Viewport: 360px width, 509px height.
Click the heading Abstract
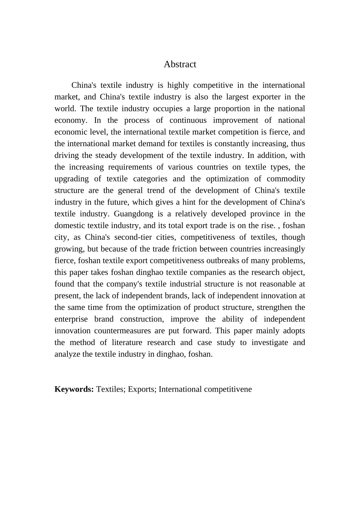[180, 64]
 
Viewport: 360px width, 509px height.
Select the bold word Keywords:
[74, 389]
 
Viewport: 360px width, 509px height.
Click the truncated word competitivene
[228, 389]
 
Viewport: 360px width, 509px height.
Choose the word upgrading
[72, 179]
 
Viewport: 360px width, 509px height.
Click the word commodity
[286, 179]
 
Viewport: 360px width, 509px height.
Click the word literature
[128, 343]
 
